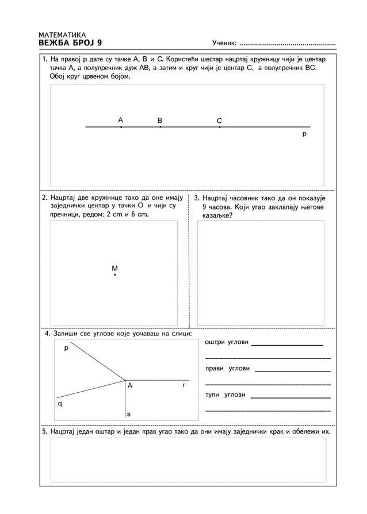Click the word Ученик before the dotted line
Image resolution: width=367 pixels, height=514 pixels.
point(224,43)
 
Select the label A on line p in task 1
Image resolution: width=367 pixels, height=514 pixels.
point(121,120)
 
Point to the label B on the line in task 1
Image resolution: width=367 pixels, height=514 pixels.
point(160,120)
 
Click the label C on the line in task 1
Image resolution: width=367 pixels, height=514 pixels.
point(219,121)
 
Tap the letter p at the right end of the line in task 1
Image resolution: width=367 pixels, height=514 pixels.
point(304,134)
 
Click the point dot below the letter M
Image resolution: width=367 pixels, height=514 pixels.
point(115,276)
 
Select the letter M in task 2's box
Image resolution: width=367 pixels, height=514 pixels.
point(114,268)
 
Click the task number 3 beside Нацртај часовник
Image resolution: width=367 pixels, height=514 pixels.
point(197,198)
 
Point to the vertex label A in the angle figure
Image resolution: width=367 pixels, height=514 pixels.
point(130,387)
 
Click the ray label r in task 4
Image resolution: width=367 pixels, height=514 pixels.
point(183,385)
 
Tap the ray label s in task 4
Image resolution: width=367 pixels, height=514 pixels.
point(128,413)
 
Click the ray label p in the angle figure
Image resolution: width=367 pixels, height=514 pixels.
point(66,348)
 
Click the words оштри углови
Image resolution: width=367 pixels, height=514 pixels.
point(227,342)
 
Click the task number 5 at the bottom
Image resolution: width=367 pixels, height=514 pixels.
point(45,431)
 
